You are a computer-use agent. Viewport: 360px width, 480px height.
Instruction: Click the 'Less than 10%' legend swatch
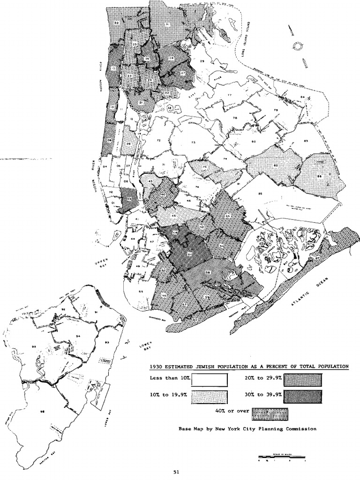click(x=210, y=379)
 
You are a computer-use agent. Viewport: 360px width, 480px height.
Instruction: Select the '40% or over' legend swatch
click(x=270, y=414)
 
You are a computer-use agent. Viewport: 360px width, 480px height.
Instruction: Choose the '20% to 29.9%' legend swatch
click(x=303, y=379)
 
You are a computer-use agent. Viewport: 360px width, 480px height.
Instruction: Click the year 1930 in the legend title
click(x=156, y=367)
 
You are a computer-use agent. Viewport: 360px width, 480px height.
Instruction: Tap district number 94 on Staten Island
click(x=78, y=336)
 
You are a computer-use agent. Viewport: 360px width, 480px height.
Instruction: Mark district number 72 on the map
click(x=158, y=141)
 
